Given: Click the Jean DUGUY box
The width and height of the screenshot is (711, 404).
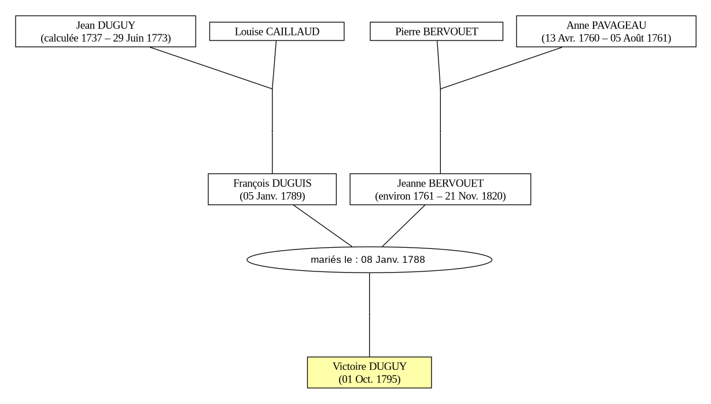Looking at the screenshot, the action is tap(106, 31).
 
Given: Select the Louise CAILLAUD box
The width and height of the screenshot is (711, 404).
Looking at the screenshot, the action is tap(277, 31).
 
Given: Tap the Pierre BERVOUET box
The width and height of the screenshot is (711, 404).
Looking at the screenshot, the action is tap(436, 31).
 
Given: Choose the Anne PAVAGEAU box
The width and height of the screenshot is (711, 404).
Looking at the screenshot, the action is tap(606, 31).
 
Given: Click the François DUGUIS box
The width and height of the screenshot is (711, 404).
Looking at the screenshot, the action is tap(272, 189).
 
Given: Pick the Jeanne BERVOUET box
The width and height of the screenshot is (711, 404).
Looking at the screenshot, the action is tap(440, 189).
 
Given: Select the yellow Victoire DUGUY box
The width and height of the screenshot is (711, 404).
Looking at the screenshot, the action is tap(370, 373).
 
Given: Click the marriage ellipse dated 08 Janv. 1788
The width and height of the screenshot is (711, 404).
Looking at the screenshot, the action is tap(370, 260).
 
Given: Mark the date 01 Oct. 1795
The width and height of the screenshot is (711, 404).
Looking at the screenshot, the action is tap(370, 379).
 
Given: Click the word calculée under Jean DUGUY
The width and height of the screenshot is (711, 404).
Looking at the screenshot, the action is tap(61, 38).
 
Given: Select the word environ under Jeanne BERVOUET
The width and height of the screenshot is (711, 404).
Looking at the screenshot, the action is tap(394, 196).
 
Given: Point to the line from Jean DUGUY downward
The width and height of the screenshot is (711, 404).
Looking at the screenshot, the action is tap(211, 68).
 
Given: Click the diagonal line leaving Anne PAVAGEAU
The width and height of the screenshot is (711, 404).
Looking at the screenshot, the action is tap(502, 68).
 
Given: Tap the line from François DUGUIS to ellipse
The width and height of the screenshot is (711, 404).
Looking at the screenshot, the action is tap(322, 226).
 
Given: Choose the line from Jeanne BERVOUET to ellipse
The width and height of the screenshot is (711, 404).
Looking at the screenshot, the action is tap(404, 226).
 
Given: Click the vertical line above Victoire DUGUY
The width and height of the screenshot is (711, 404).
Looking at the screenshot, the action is tap(370, 315).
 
